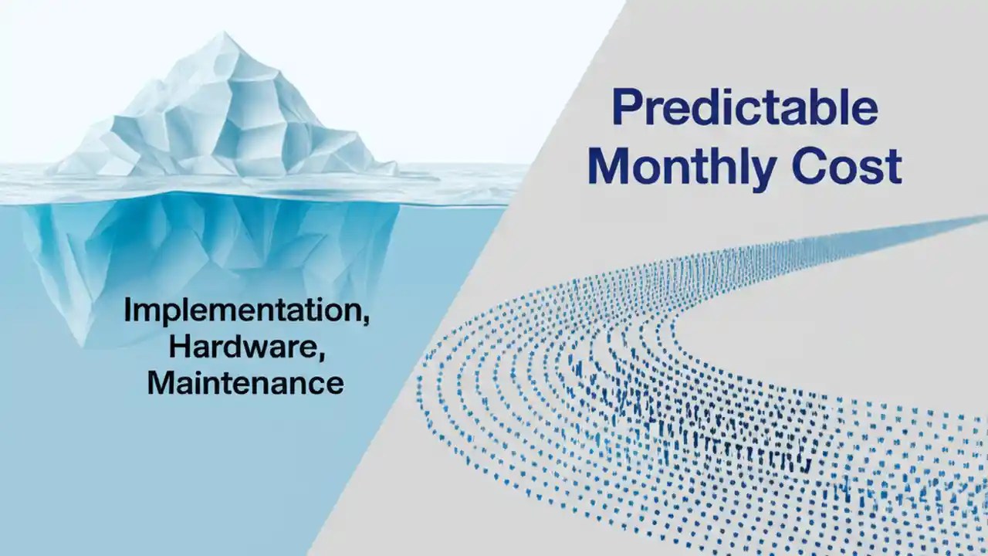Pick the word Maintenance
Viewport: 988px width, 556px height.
(x=245, y=382)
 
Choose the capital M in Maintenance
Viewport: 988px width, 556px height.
(x=162, y=382)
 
